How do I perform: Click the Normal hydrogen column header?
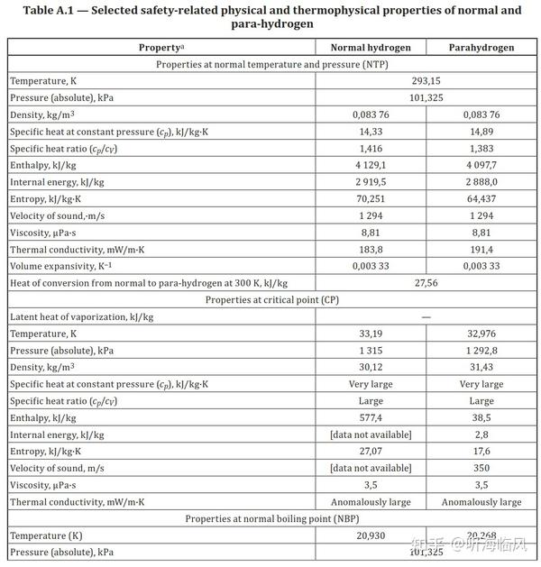[x=371, y=47]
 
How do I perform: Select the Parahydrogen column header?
[x=481, y=47]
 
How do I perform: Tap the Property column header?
[x=161, y=47]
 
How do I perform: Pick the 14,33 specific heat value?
[x=371, y=132]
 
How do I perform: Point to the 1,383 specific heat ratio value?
[x=481, y=149]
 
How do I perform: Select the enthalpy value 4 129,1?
[x=371, y=166]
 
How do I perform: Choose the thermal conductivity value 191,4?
[x=481, y=249]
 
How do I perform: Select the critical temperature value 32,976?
[x=481, y=334]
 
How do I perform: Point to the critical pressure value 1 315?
[x=371, y=351]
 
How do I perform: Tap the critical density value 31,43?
[x=481, y=368]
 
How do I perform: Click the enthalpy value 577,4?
[x=371, y=417]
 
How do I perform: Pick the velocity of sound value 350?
[x=481, y=468]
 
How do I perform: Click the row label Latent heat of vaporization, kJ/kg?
[x=82, y=317]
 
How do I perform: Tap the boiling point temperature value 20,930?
[x=371, y=535]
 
